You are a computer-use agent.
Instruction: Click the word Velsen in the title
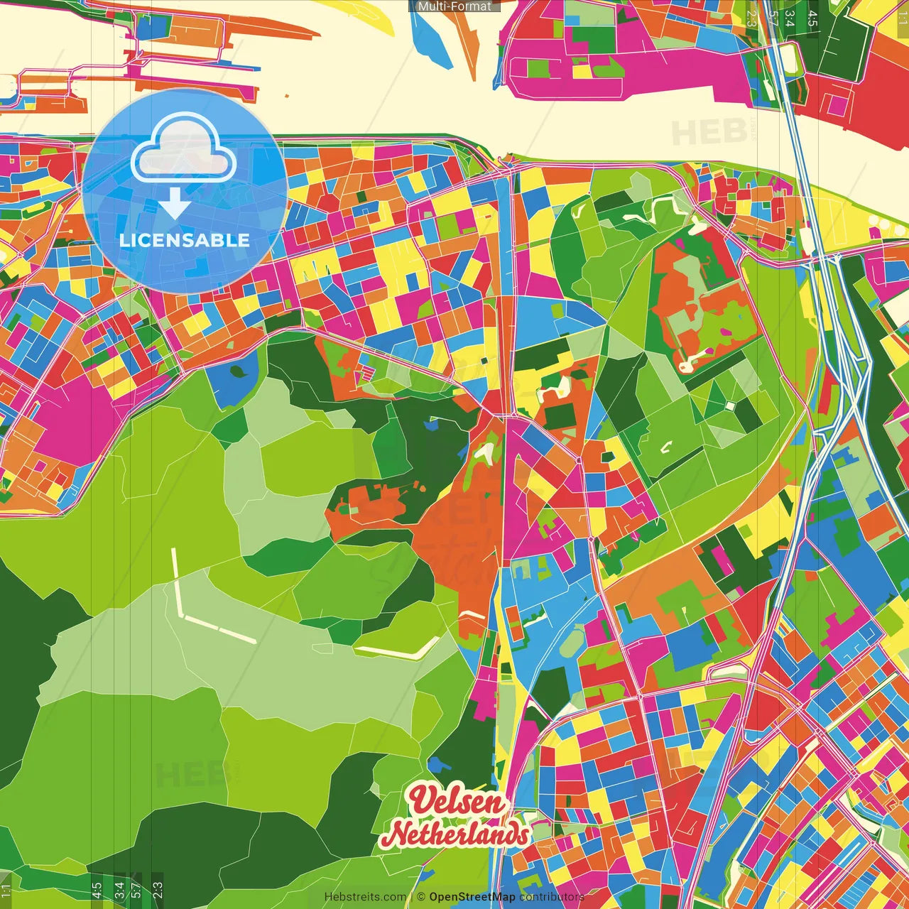click(457, 801)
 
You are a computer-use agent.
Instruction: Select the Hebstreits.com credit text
click(365, 897)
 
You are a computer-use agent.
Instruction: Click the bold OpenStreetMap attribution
click(472, 897)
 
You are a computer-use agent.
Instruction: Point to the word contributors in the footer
click(550, 897)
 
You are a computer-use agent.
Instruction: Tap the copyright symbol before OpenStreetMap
click(421, 897)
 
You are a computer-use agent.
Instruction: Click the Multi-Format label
click(454, 6)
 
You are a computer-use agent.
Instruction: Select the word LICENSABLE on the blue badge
click(185, 240)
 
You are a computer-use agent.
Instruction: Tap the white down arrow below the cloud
click(175, 205)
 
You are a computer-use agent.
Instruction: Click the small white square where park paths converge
click(729, 405)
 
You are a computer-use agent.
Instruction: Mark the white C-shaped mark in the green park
click(666, 447)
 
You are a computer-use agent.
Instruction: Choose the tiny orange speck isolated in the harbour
click(286, 95)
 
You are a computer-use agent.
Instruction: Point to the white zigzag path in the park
click(664, 206)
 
